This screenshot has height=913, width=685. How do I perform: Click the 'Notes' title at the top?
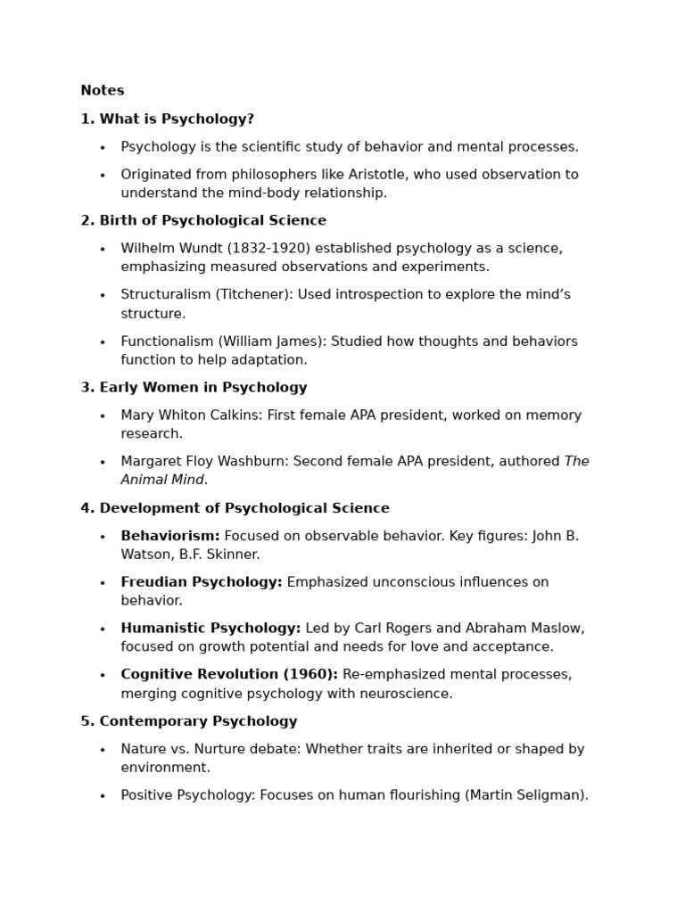click(102, 91)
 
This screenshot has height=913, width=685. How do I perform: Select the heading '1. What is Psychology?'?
click(167, 119)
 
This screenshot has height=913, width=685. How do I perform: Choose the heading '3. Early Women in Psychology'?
click(194, 388)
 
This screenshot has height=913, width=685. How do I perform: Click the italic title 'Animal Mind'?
click(162, 481)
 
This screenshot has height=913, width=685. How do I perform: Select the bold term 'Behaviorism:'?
click(169, 537)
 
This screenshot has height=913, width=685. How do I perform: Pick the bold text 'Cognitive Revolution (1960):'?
click(229, 675)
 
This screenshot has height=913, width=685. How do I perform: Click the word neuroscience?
click(406, 694)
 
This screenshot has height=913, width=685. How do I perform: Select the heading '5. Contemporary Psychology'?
click(189, 722)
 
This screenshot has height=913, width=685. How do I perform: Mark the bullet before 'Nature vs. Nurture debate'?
click(103, 751)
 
